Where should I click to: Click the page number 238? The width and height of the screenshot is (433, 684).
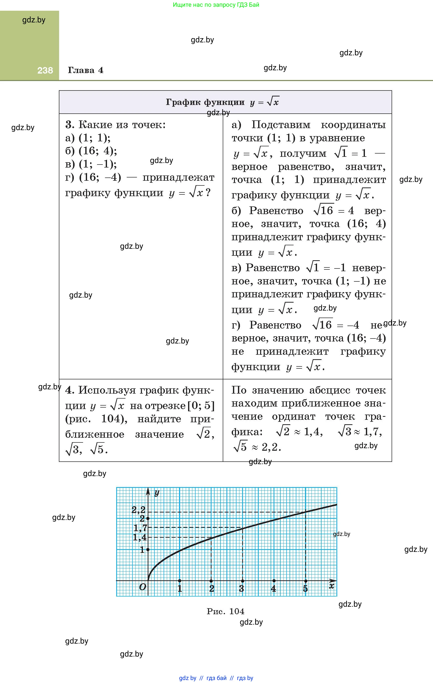[45, 71]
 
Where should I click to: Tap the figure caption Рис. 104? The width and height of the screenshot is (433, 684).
[225, 611]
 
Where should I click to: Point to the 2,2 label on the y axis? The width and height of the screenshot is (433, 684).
[138, 510]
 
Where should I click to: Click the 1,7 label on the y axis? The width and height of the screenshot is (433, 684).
[140, 528]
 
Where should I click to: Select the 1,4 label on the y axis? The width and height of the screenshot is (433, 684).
[140, 537]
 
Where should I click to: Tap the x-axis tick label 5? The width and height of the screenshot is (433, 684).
[305, 588]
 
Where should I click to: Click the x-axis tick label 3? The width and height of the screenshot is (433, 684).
[242, 588]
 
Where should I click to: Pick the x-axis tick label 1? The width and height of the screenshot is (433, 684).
[180, 588]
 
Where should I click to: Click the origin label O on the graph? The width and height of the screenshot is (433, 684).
[142, 587]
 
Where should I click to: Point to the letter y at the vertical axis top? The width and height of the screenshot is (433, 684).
[157, 493]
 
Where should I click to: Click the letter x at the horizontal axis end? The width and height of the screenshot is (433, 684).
[331, 586]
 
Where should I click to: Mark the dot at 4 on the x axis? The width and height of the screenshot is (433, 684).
[274, 581]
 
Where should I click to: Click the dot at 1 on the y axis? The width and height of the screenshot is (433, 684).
[148, 550]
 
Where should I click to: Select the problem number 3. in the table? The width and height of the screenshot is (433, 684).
[70, 125]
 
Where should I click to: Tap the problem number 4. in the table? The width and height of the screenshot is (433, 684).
[70, 390]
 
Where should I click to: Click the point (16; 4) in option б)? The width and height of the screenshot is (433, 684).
[98, 151]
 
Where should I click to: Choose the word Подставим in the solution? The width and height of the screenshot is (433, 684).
[281, 125]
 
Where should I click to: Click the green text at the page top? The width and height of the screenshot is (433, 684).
[216, 4]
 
